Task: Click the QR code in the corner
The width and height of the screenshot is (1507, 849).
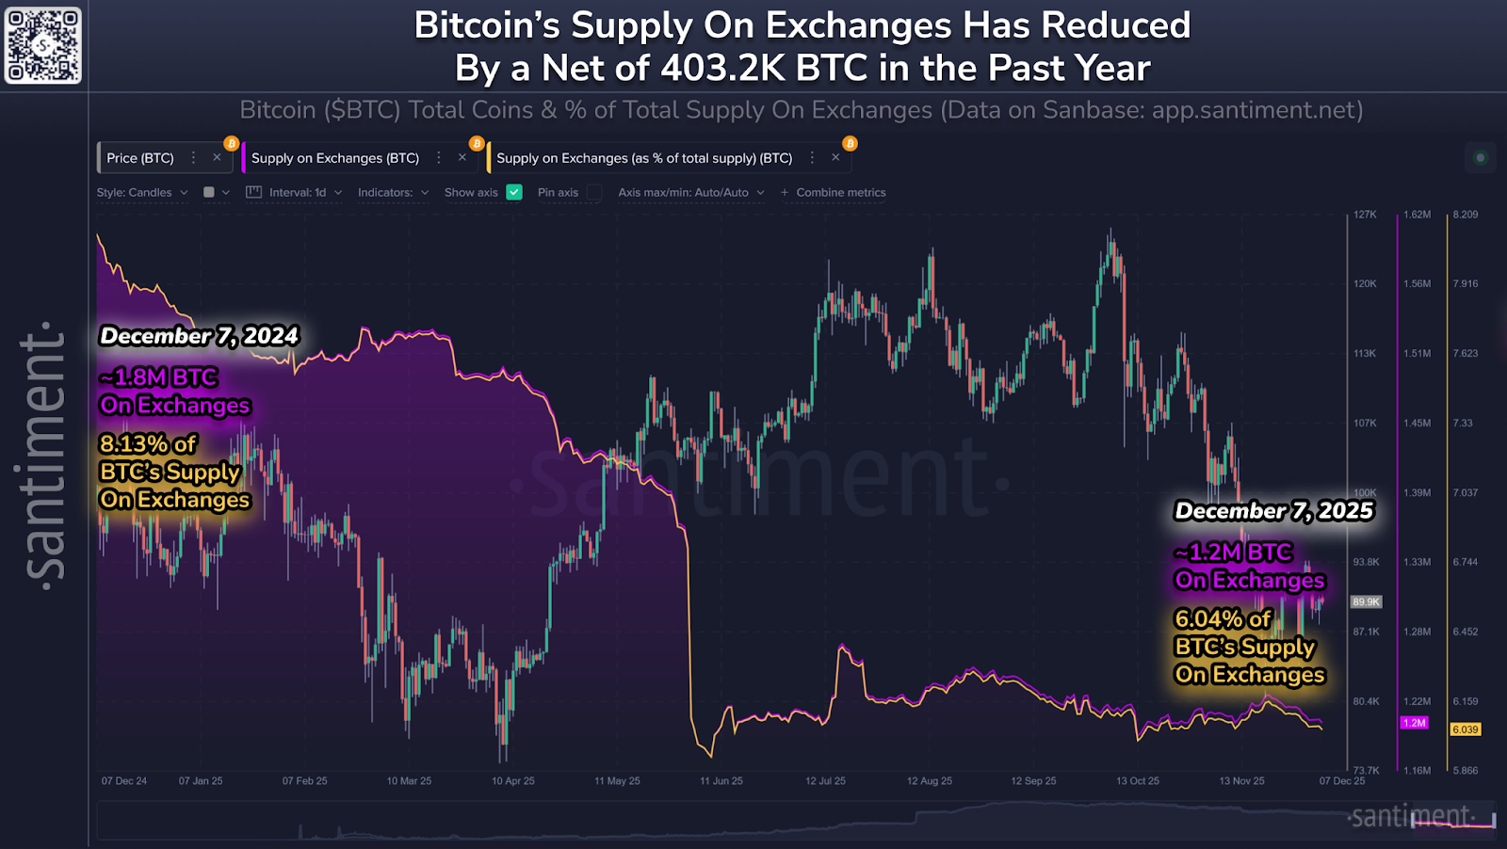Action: (x=43, y=44)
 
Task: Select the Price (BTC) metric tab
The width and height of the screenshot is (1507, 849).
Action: (x=140, y=158)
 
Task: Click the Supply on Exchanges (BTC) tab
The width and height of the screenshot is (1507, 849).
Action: (x=334, y=158)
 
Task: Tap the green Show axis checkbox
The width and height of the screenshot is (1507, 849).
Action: (x=514, y=192)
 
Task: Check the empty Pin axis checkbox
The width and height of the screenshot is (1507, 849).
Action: (x=594, y=192)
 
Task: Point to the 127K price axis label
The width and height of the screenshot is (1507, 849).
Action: (x=1365, y=215)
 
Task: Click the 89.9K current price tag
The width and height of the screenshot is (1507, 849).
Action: (x=1366, y=601)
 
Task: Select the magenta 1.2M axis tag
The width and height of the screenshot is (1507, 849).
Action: (x=1415, y=723)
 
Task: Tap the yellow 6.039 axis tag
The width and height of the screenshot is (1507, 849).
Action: (x=1465, y=729)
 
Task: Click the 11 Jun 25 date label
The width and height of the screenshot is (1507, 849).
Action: (x=721, y=781)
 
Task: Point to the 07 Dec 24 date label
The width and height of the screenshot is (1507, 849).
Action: (x=124, y=781)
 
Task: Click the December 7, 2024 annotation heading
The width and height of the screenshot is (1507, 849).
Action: (x=199, y=336)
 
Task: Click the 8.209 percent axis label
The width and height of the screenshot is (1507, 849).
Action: (x=1465, y=215)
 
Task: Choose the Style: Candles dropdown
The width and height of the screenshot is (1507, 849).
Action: (x=142, y=192)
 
